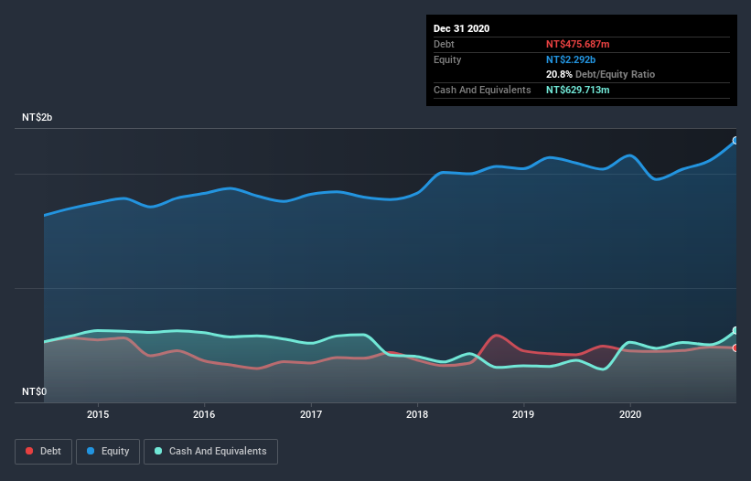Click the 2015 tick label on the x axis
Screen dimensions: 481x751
[98, 413]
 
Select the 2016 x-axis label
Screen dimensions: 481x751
[204, 413]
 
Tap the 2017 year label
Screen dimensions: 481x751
[311, 413]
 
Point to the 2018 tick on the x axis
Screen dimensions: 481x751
[417, 413]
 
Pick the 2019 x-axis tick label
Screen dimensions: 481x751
[523, 413]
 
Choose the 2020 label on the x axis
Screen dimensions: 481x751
[630, 413]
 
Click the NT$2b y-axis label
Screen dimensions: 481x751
[39, 118]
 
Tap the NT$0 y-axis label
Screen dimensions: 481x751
[34, 391]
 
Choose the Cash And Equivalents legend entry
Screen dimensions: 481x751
[210, 451]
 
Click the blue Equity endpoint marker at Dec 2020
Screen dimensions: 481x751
[735, 141]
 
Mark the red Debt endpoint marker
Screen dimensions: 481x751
[735, 347]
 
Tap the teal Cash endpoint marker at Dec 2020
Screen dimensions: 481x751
[735, 330]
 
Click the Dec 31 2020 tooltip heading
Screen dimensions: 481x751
[461, 28]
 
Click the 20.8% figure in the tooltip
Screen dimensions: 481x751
[559, 74]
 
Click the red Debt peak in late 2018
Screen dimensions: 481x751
[497, 335]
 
